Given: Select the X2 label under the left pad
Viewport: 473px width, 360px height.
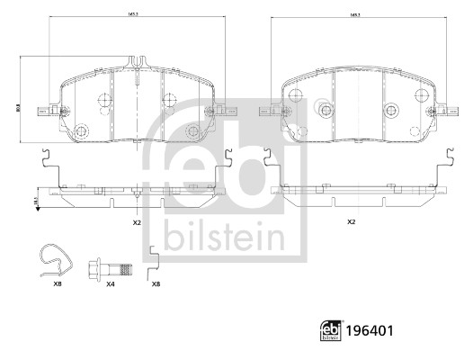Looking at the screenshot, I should [x=137, y=221].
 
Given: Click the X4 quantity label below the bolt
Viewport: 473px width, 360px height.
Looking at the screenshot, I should [x=111, y=283].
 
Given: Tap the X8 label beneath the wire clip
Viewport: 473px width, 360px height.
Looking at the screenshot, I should [x=58, y=283].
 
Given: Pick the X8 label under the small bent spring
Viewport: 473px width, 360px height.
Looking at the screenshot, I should [x=156, y=283].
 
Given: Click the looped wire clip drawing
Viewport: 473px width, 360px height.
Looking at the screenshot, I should [x=57, y=258].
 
